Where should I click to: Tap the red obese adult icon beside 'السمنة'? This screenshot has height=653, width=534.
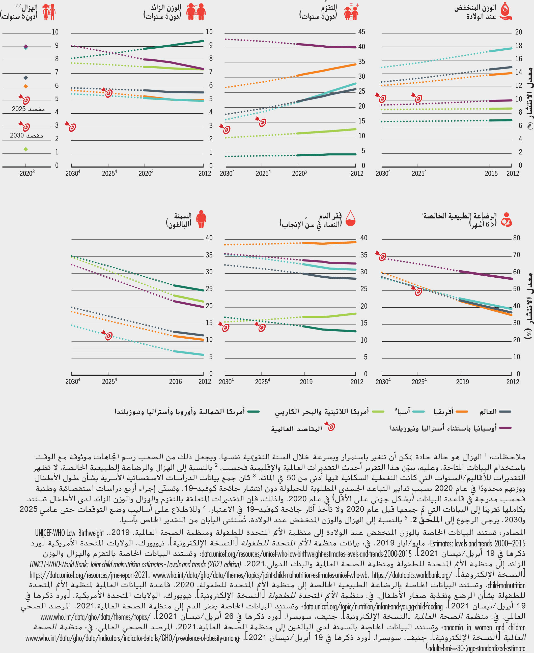point(201,219)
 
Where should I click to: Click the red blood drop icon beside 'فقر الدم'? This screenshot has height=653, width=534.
point(351,218)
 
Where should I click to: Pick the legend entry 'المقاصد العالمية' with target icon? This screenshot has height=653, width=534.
point(297,429)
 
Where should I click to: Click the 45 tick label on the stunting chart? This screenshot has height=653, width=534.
point(362,32)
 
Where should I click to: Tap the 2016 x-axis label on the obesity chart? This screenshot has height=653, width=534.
point(175,381)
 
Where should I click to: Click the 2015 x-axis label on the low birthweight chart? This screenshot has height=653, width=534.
point(491,174)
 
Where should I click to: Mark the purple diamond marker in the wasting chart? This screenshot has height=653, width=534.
point(26,46)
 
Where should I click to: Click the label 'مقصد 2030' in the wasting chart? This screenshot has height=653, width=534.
point(26,136)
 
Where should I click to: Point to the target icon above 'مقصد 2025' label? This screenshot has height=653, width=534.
point(25,99)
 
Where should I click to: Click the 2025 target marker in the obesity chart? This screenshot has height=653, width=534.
point(108,335)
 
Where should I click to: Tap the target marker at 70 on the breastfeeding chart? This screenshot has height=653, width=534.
point(381,256)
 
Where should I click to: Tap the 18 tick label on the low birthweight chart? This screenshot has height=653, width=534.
point(519,45)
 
